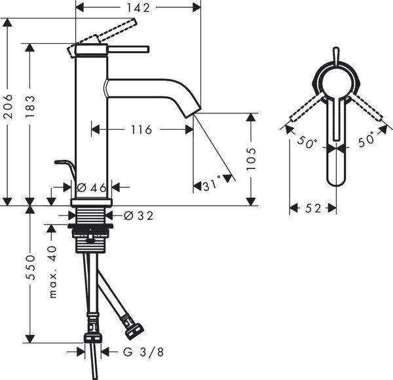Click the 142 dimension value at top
[139, 8]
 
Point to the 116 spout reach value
[141, 130]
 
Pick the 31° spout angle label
[213, 186]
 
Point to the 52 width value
[314, 208]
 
